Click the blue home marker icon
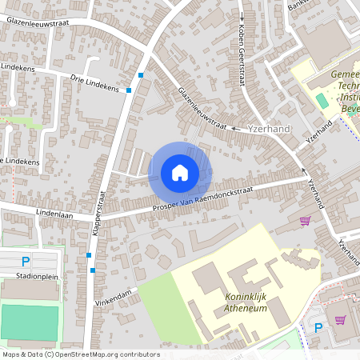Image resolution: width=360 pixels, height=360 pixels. pyautogui.click(x=180, y=172)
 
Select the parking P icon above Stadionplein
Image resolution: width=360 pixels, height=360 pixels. pyautogui.click(x=26, y=261)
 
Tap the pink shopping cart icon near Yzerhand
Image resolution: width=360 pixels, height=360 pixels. pyautogui.click(x=304, y=221)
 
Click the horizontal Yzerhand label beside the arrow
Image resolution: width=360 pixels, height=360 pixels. pyautogui.click(x=269, y=128)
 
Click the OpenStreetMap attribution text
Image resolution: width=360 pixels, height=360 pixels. pyautogui.click(x=70, y=354)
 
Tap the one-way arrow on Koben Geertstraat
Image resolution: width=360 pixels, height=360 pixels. pyautogui.click(x=242, y=14)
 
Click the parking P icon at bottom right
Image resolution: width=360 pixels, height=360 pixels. pyautogui.click(x=318, y=327)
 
